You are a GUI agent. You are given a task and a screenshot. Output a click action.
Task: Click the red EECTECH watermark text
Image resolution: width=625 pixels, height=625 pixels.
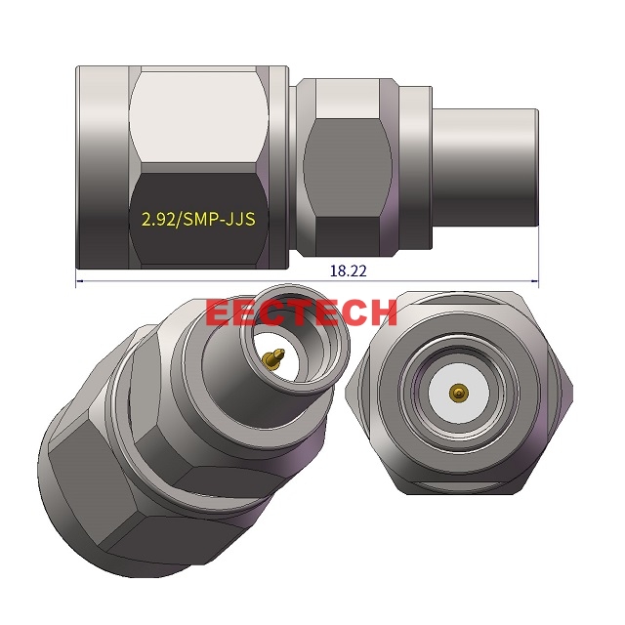pos(302,312)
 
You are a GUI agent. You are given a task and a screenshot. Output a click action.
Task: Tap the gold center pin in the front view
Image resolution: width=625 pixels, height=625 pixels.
pos(456,394)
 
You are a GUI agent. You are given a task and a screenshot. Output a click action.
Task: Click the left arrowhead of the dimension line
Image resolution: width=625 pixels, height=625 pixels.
pos(81,282)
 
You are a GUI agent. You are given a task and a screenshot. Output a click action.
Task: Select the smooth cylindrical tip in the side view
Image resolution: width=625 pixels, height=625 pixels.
pos(482,169)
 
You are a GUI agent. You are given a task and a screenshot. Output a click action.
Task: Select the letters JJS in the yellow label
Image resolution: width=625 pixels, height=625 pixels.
pos(239,219)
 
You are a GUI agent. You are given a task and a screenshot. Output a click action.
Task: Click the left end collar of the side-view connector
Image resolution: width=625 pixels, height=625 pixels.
pos(103,166)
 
